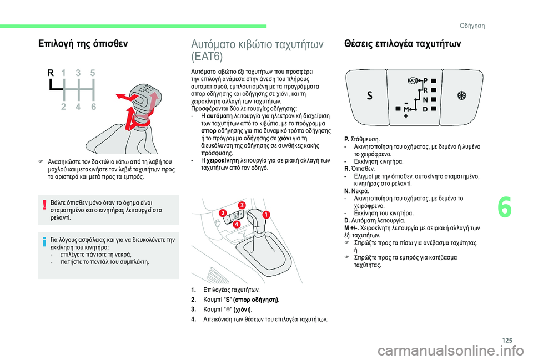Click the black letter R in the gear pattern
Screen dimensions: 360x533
point(51,73)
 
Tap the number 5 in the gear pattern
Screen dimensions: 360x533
point(92,73)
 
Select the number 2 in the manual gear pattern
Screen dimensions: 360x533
point(64,108)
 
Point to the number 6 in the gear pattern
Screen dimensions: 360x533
point(92,108)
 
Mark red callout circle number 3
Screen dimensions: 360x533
point(242,206)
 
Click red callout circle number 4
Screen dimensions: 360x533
point(235,225)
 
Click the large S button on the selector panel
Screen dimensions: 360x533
point(369,95)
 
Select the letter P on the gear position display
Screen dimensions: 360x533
point(426,80)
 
